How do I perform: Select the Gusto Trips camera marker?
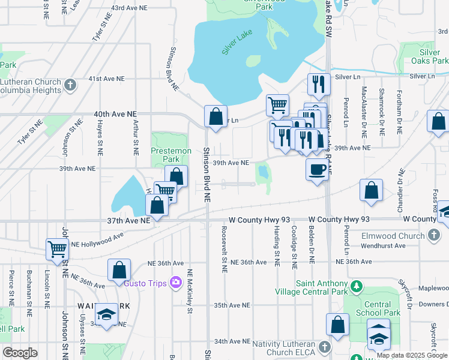point(176,282)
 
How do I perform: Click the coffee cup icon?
point(316,169)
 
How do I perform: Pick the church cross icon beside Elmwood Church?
point(434,236)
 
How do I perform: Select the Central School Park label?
point(382,308)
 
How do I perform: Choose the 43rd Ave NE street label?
point(130,8)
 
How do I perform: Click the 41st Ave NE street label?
point(107,79)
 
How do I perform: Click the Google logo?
point(20,353)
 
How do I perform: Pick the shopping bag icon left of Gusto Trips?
point(119,269)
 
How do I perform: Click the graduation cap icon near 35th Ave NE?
point(106,314)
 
